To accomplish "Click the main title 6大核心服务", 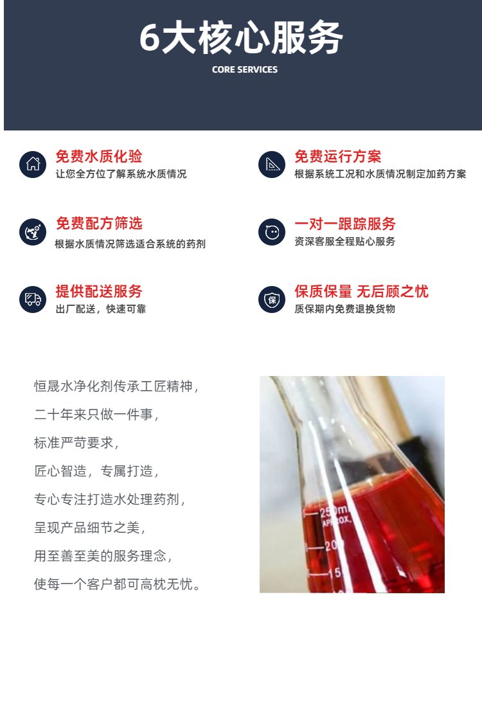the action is click(241, 37).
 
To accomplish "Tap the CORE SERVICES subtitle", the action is click(244, 70).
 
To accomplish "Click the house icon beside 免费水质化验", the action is click(33, 164).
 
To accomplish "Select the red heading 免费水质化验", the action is click(99, 156).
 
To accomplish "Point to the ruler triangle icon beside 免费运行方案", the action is click(272, 164).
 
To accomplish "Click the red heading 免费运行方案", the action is click(338, 156).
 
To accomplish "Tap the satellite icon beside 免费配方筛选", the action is click(33, 231).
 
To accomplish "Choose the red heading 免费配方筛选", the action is click(99, 223).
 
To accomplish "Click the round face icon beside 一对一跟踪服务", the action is click(272, 231).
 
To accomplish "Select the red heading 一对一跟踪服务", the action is click(345, 224).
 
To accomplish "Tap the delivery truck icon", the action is click(33, 299).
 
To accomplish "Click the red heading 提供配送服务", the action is click(99, 291).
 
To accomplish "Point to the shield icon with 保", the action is click(272, 299).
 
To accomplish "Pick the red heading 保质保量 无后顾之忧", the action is click(361, 291).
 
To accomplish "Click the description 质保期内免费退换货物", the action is click(344, 309).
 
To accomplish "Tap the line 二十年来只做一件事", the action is click(96, 415).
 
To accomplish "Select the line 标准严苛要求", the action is click(76, 442).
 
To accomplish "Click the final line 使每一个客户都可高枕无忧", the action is click(118, 584).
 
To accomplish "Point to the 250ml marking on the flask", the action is click(334, 510).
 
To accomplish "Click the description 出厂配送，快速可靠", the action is click(101, 309).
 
